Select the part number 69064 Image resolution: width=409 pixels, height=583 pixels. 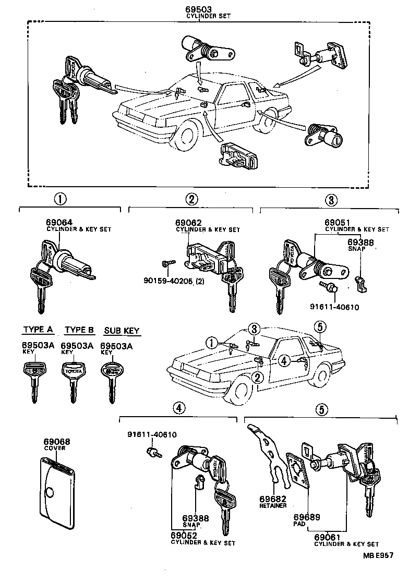click(58, 223)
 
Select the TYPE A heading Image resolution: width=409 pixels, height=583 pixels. click(38, 330)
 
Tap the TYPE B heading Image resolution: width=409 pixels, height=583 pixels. click(79, 330)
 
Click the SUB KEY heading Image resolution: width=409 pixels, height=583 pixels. click(122, 331)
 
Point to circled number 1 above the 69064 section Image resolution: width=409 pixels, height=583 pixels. click(61, 199)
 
